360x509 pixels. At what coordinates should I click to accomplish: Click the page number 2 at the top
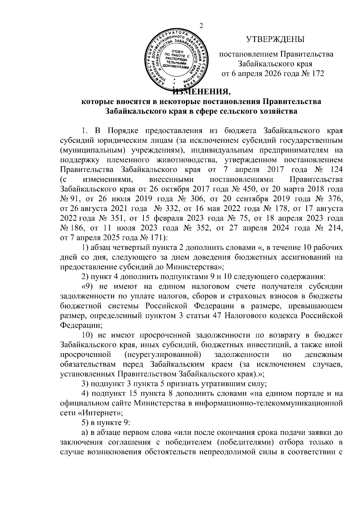[x=201, y=26]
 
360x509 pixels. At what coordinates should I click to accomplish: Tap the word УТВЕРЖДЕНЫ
[x=275, y=39]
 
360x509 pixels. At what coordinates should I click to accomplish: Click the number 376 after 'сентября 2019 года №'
[x=335, y=200]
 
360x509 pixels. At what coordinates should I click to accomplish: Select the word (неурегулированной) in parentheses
[x=162, y=355]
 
